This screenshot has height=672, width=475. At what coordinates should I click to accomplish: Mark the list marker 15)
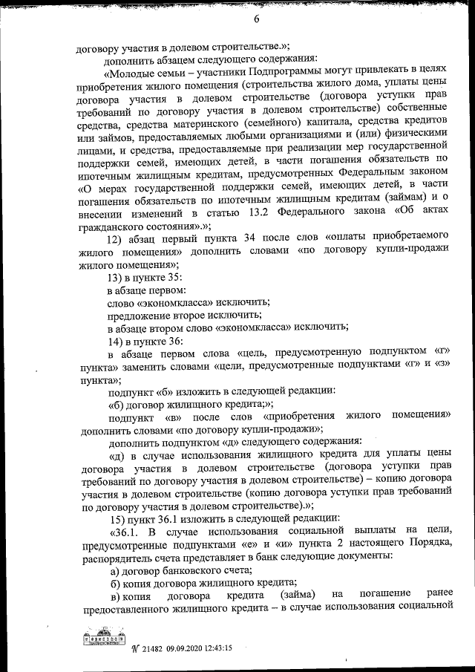point(119,518)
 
